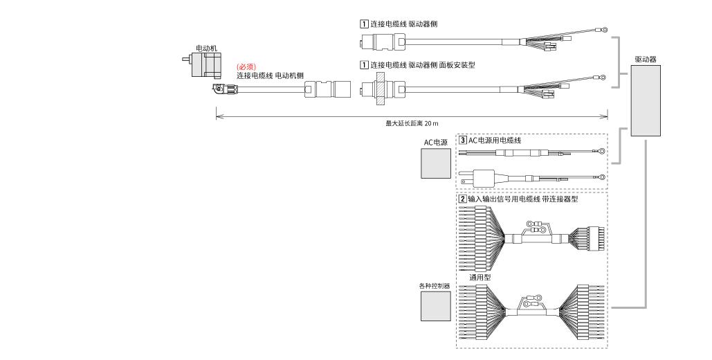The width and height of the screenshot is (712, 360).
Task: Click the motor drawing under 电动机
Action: click(206, 64)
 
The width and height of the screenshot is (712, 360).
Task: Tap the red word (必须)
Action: click(246, 66)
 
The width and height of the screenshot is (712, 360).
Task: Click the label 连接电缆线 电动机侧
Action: click(271, 75)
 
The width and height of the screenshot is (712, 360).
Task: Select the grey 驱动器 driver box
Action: click(646, 101)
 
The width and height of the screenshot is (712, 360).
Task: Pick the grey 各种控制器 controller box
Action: click(435, 305)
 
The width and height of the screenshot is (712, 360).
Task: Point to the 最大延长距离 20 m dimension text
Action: click(412, 123)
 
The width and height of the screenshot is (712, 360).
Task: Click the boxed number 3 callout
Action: click(463, 140)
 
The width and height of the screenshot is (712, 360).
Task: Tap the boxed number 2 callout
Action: click(463, 199)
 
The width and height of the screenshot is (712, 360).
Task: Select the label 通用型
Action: click(480, 277)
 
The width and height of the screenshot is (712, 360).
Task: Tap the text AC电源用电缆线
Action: click(495, 140)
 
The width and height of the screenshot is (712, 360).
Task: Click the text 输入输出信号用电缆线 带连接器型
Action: click(522, 199)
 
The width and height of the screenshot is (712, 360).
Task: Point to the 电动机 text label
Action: click(206, 48)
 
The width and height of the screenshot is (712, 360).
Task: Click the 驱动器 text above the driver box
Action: click(646, 60)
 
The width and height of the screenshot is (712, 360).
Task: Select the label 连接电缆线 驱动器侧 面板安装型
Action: click(422, 65)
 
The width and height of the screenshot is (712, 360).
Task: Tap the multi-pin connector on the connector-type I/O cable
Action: click(594, 238)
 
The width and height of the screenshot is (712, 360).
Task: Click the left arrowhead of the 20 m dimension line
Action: click(218, 116)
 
